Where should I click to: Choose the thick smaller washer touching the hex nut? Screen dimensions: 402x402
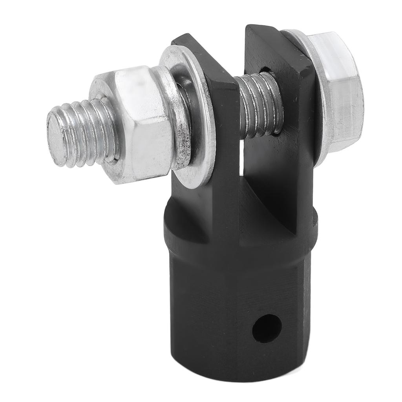[173, 118]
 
